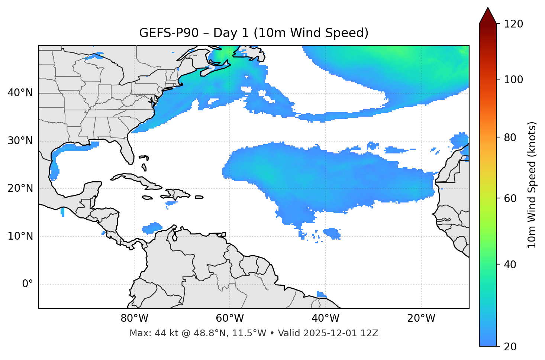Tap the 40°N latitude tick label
tap(20, 93)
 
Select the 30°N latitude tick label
tap(20, 141)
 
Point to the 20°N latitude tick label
tap(20, 188)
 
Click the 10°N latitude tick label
tap(20, 236)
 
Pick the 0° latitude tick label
tap(27, 284)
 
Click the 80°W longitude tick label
tap(134, 318)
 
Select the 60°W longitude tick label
tap(230, 318)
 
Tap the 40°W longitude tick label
tap(325, 318)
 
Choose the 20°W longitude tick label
tap(421, 318)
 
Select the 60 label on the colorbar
tap(510, 198)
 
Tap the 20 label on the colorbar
tap(510, 347)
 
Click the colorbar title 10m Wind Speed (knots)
tap(532, 185)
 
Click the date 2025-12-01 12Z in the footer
tap(341, 333)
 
